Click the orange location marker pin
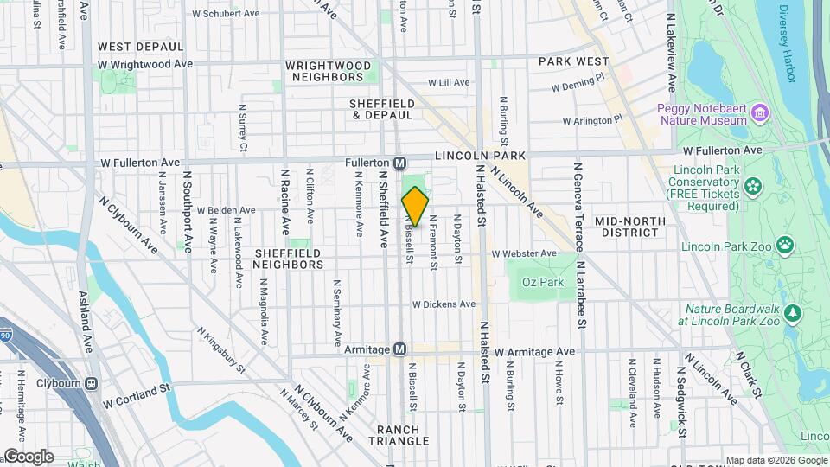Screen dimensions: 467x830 415,207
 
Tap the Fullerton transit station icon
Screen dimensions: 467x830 400,163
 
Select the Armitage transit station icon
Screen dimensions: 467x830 399,349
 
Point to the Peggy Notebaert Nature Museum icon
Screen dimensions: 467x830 760,112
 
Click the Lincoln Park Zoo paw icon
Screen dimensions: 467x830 784,246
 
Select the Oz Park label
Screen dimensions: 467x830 536,282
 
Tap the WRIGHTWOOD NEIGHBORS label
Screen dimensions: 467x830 328,71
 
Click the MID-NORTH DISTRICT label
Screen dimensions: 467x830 630,227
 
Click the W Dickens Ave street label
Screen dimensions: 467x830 444,304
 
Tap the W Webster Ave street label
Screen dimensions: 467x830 524,253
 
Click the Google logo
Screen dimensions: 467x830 29,456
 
